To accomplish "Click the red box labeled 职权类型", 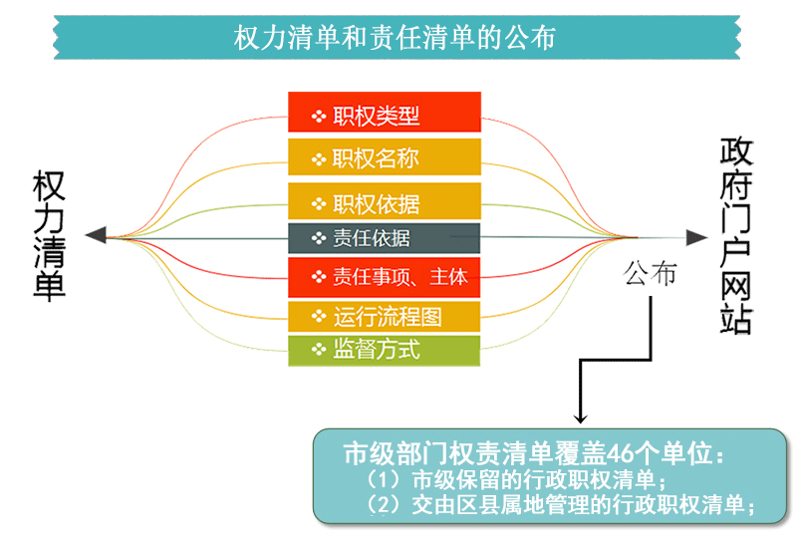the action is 385,112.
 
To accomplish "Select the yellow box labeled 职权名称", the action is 385,157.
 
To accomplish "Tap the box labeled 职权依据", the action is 385,201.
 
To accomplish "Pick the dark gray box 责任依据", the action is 385,238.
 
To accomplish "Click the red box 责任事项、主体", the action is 385,277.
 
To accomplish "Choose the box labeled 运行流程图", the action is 385,317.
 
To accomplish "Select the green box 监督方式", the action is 385,351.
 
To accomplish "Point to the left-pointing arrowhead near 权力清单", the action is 96,235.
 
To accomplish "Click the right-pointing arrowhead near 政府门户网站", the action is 696,237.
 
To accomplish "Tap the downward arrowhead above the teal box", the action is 580,418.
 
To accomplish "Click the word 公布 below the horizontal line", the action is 650,273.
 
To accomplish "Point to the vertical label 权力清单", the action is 49,235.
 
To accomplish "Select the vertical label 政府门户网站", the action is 735,235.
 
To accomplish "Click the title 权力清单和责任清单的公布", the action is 395,37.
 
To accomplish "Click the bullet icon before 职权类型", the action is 319,117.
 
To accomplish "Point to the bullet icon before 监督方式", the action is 319,350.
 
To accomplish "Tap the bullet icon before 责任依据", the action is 319,237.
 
